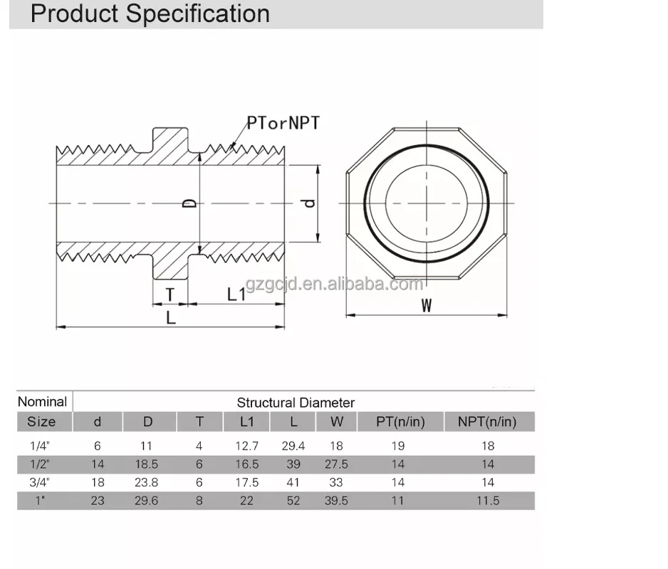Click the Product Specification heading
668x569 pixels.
pos(150,14)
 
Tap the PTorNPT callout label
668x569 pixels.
pos(283,122)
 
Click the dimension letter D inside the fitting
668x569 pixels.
pos(189,203)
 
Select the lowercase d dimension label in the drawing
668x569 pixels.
pos(308,203)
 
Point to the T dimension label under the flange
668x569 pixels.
pos(170,294)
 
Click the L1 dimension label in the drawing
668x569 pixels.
pos(236,294)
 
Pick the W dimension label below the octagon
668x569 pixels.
pos(427,305)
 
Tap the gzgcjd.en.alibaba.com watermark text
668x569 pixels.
pos(334,285)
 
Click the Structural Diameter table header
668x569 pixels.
pos(296,403)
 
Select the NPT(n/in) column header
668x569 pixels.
pos(488,422)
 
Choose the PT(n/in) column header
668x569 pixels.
pos(400,422)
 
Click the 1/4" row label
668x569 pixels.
pos(41,446)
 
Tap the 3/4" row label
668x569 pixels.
pos(41,482)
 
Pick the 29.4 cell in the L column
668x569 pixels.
pos(293,446)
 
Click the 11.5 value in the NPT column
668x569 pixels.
pos(488,501)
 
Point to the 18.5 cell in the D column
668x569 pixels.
pos(147,464)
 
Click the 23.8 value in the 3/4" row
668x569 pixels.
pos(147,482)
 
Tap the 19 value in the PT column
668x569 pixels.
pos(398,446)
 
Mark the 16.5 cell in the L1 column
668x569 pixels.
pos(246,464)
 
